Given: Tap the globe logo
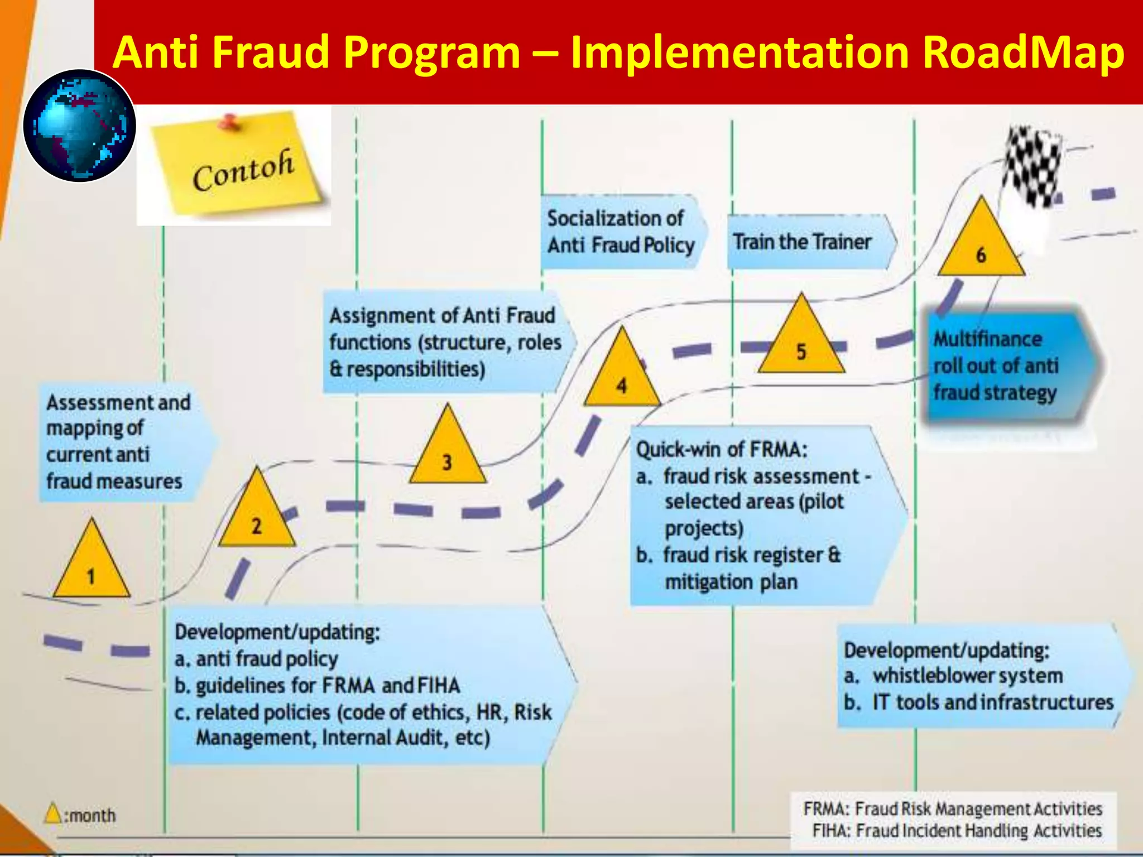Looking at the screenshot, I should [80, 126].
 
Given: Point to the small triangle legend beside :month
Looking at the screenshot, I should [53, 813].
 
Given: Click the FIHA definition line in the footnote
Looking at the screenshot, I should [957, 831].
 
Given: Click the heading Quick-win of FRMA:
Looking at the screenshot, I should [722, 449].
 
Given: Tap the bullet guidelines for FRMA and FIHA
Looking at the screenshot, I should [318, 685].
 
